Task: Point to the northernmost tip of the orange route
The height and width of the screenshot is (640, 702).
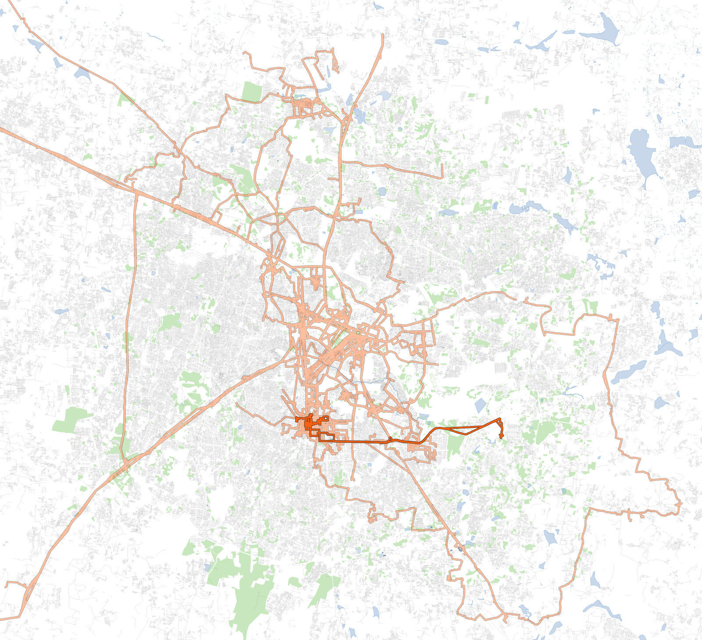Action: tap(383, 35)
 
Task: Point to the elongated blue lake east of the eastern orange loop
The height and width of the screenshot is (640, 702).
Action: tap(630, 372)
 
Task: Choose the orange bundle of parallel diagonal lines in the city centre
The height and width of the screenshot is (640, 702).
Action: tap(333, 351)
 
